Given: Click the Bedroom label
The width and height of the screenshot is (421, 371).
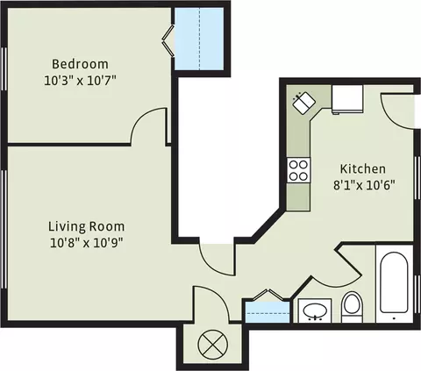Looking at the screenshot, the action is click(80, 64).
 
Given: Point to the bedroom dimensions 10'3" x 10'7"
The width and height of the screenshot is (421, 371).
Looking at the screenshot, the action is click(80, 81).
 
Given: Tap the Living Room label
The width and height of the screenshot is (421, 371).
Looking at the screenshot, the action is click(86, 226).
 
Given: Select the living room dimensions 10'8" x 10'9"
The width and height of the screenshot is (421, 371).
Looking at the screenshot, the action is click(86, 243).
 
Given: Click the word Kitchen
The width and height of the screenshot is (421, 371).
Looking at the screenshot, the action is click(363, 168).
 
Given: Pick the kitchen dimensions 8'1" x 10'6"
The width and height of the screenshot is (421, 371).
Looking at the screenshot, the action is click(364, 185).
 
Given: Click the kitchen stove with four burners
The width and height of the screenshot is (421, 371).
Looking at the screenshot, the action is click(298, 170).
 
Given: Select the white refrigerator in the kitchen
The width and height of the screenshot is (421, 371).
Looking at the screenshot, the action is click(347, 99).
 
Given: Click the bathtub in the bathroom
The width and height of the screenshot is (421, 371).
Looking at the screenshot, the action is click(394, 283).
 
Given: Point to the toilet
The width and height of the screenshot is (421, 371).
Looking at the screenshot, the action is click(352, 307).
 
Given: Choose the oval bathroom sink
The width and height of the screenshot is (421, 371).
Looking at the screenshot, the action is click(315, 310).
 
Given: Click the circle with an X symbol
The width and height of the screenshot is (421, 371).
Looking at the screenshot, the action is click(212, 344).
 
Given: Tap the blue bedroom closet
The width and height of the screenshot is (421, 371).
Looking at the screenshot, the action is click(199, 39).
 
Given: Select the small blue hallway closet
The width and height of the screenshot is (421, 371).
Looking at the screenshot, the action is click(268, 312).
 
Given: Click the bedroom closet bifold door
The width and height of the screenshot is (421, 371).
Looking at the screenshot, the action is click(168, 40).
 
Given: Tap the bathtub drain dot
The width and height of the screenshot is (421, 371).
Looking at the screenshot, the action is click(394, 318).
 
